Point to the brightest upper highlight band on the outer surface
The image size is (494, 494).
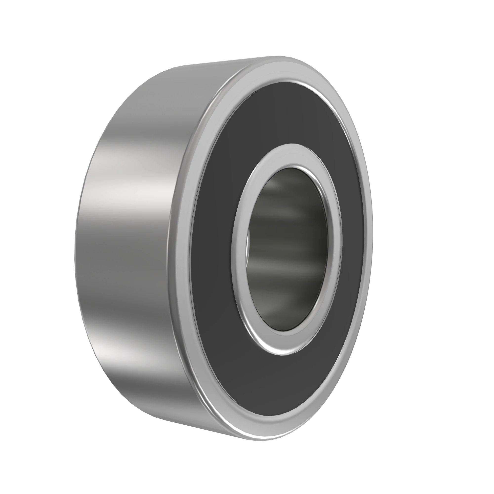coord(133,189)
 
